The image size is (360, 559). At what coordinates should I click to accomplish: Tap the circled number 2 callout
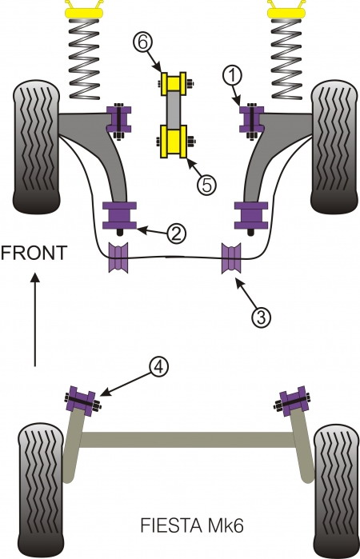click(x=177, y=234)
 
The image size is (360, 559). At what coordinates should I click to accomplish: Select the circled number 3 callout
click(x=261, y=317)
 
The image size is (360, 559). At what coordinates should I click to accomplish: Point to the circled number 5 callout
click(x=206, y=185)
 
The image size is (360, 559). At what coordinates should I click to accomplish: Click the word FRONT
click(x=34, y=254)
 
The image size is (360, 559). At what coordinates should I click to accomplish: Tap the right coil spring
click(x=286, y=56)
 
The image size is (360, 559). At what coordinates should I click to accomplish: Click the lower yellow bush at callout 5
click(x=175, y=142)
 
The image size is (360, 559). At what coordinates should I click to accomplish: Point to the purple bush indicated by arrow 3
click(x=233, y=257)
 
